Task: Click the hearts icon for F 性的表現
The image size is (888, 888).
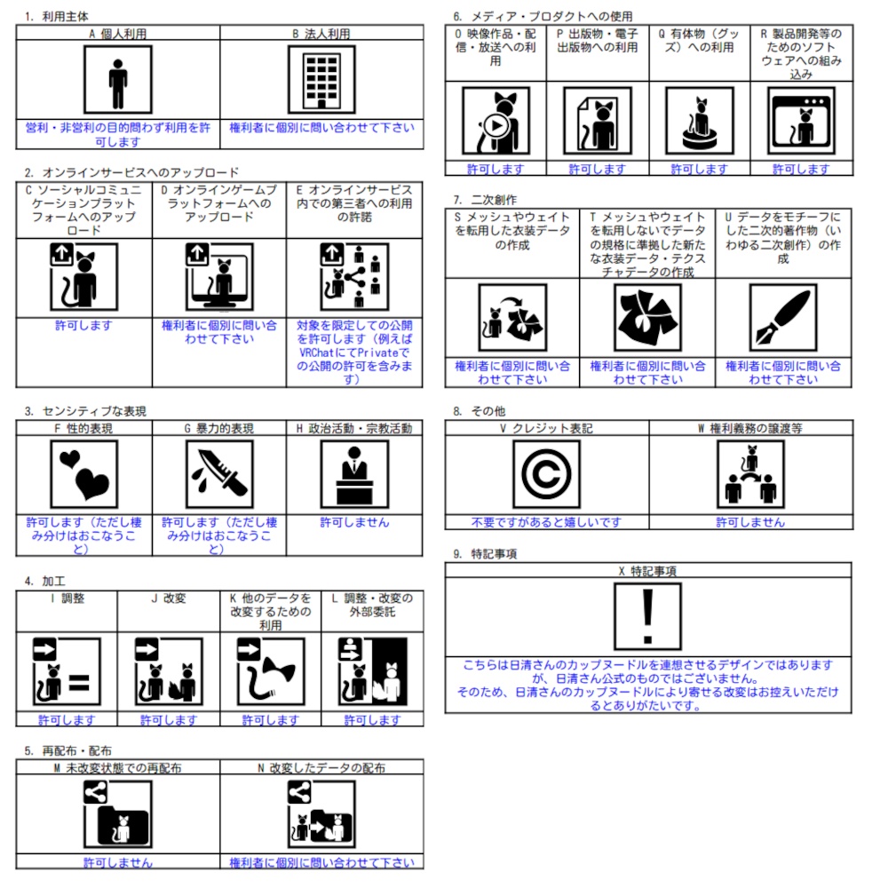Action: (84, 474)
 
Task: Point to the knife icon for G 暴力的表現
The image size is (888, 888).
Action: (219, 474)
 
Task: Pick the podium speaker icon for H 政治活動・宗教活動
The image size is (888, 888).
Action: (354, 474)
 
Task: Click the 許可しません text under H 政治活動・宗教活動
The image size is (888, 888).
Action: (354, 522)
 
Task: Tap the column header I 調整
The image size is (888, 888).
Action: (67, 599)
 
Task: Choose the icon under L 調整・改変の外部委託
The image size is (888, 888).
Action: (372, 670)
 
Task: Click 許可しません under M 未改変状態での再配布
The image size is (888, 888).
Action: (118, 862)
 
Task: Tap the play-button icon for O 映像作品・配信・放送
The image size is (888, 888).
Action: (496, 121)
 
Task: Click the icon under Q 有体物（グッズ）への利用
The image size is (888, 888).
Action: (700, 121)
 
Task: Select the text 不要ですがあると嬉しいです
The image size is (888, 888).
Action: (546, 522)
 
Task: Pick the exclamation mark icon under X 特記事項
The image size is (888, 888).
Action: (647, 616)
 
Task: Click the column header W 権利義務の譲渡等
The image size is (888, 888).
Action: (750, 428)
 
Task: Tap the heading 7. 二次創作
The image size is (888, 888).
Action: (484, 201)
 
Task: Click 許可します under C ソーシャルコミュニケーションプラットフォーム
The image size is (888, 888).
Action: (84, 326)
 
